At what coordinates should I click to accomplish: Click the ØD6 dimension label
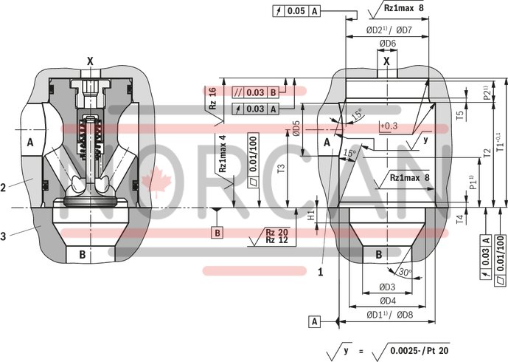pos(388,44)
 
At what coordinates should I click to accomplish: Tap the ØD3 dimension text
pos(388,287)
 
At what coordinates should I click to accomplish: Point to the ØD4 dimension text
pos(388,301)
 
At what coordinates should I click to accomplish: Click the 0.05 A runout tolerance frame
pos(297,11)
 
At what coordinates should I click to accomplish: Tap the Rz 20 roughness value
pos(276,232)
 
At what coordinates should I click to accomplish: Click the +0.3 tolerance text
pos(388,126)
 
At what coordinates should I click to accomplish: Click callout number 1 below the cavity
pos(321,271)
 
